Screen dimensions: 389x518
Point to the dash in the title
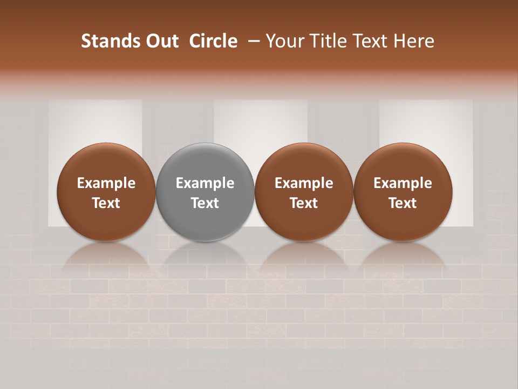[x=251, y=41]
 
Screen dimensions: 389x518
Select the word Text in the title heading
[x=370, y=41]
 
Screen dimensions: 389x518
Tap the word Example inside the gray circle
[x=205, y=183]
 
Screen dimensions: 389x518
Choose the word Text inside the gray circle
[x=205, y=203]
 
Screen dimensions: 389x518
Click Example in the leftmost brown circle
[x=106, y=183]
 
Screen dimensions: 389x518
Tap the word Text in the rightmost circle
[x=403, y=203]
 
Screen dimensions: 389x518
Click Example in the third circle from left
[x=304, y=183]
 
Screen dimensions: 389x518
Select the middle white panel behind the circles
[x=261, y=122]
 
